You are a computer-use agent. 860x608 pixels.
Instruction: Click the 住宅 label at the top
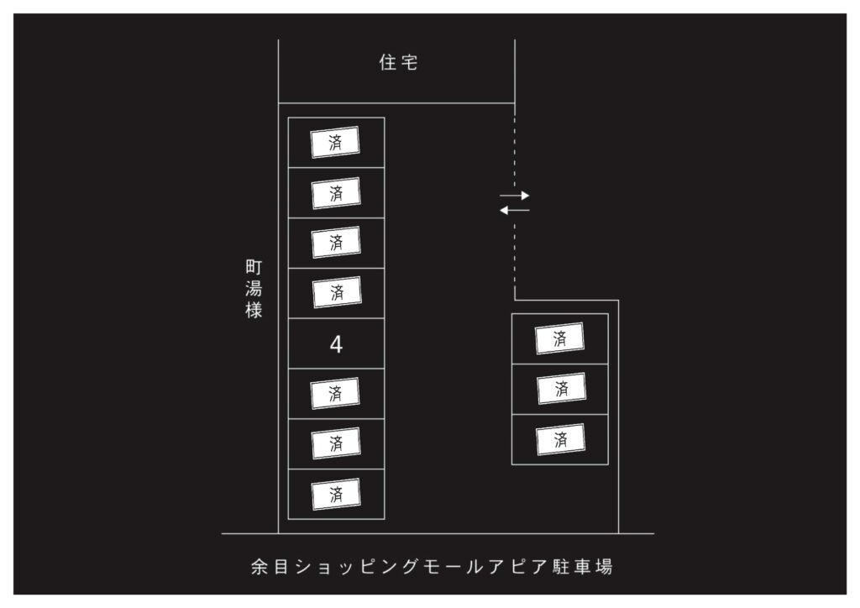point(399,62)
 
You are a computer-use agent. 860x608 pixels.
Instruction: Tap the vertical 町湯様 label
point(254,289)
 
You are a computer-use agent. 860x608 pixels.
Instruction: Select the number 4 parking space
point(336,343)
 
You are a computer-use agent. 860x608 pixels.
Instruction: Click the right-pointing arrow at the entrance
point(515,195)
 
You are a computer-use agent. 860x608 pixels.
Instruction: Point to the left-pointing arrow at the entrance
point(515,210)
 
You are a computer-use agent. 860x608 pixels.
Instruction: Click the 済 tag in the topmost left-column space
point(335,143)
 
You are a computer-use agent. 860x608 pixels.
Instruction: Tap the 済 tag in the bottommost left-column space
point(336,494)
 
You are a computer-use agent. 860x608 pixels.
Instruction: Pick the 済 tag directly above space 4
point(337,292)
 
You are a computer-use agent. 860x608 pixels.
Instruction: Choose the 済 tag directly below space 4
point(335,393)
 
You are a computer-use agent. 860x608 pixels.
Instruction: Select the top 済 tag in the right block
point(559,338)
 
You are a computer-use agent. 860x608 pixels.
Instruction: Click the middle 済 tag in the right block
point(562,389)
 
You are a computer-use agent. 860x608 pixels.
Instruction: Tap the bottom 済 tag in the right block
point(560,439)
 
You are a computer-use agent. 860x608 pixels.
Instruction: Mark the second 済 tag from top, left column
point(336,193)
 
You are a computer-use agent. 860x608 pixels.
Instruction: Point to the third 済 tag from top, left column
point(336,243)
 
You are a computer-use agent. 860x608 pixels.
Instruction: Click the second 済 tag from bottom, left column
point(336,443)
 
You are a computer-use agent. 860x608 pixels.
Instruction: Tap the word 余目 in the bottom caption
point(270,566)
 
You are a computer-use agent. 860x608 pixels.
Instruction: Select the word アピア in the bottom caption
point(517,566)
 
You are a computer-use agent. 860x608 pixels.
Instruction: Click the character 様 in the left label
point(254,310)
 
